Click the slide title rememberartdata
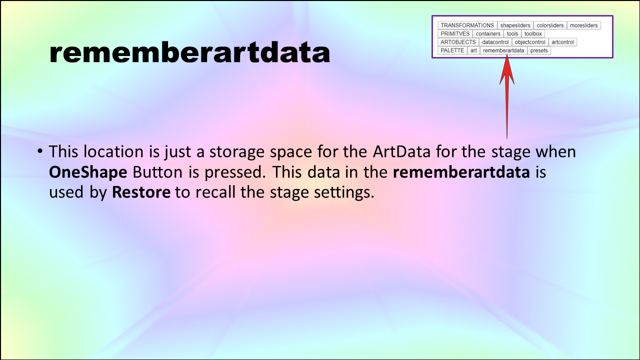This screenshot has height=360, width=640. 189,52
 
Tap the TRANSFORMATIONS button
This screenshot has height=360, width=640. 467,25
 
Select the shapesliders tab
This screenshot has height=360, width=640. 515,25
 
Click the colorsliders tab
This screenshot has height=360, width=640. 550,25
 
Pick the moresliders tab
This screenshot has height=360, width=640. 583,25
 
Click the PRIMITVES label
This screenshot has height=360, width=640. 455,33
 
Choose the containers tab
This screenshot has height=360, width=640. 488,33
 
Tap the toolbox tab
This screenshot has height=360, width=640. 533,33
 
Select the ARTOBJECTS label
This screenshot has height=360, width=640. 458,42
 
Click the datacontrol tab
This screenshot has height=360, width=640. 495,42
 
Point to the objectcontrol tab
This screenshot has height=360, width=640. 530,42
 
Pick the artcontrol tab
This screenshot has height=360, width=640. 562,42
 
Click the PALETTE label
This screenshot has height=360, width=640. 452,50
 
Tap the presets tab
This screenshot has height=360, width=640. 539,50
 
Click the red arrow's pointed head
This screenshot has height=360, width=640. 507,56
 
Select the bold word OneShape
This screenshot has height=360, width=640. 88,172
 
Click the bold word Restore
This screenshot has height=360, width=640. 141,192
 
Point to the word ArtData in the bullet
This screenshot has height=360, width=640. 401,151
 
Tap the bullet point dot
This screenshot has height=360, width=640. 40,151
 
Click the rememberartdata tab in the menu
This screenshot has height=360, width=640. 503,50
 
